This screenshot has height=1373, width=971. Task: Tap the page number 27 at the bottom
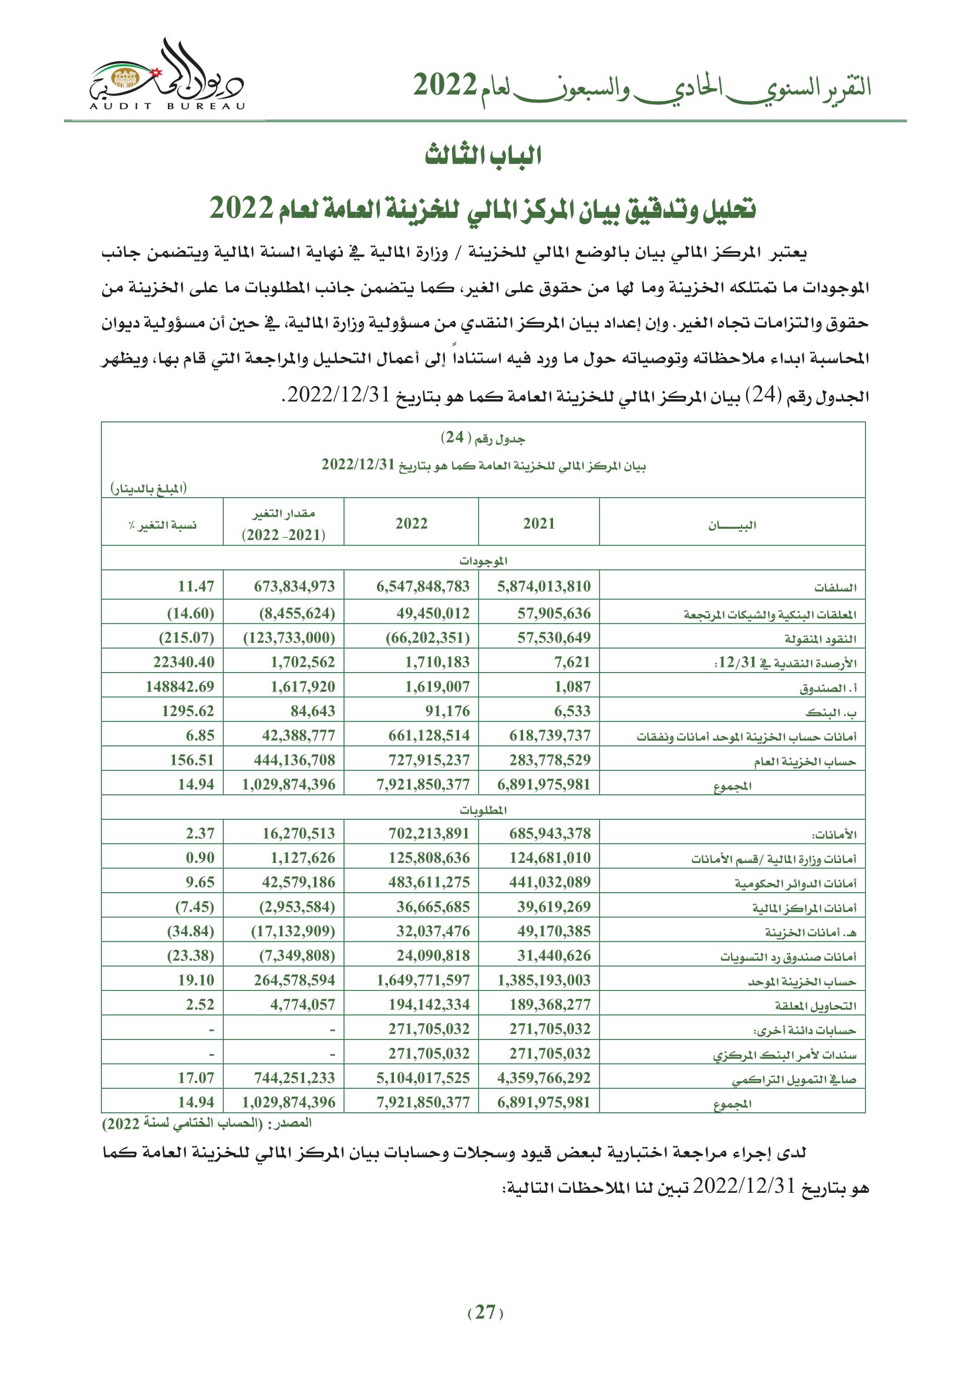485,1313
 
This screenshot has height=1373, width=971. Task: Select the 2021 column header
539,524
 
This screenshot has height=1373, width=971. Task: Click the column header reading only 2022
412,524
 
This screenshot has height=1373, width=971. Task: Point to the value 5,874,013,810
544,586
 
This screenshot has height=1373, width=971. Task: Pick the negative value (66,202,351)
427,637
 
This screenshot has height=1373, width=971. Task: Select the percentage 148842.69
180,687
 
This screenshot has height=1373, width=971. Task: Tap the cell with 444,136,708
294,760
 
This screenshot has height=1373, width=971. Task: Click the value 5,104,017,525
423,1078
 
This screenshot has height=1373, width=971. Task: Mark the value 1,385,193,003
544,980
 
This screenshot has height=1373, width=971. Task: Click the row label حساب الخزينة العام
804,761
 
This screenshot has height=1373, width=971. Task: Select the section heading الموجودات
483,561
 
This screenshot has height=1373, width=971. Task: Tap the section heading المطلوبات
483,809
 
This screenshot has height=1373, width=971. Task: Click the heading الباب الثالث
483,156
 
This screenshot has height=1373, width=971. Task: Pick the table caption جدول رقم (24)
483,438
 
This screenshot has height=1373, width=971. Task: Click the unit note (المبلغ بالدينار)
149,488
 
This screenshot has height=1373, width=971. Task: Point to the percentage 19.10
195,980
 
